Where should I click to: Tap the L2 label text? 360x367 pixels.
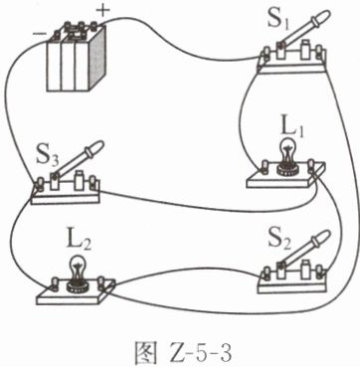point(79,245)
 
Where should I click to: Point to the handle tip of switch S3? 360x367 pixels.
point(96,146)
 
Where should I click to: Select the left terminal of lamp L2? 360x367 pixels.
point(55,283)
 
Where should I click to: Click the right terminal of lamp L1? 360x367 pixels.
point(311,165)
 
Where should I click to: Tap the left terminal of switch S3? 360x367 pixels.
point(41,183)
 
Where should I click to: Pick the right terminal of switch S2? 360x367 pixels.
point(319,272)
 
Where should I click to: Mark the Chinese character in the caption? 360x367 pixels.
point(144,354)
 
